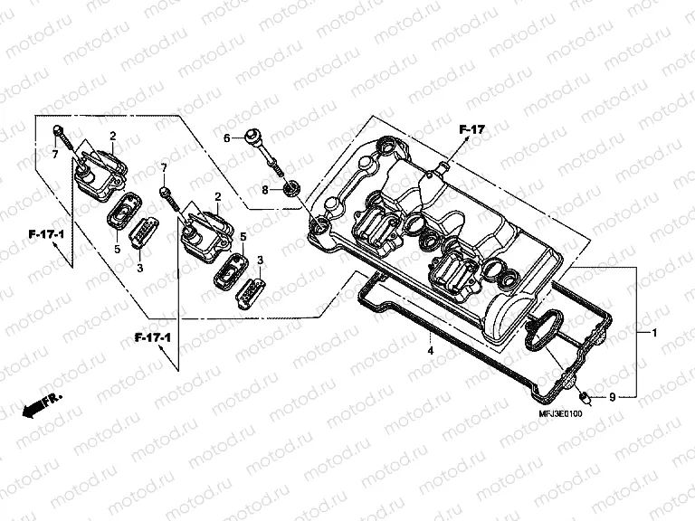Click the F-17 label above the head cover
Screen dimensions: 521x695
(x=471, y=130)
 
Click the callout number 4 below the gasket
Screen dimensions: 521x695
(x=431, y=349)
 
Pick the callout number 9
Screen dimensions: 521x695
(x=612, y=396)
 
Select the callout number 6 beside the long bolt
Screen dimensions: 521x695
(x=228, y=138)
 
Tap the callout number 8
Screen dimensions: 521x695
(x=265, y=190)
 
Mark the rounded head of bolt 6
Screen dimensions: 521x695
(x=247, y=137)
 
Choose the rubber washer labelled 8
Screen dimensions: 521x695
(x=291, y=189)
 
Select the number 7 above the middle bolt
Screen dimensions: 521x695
(x=164, y=168)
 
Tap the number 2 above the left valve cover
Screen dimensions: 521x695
(x=112, y=136)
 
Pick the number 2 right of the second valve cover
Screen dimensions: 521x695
(x=218, y=196)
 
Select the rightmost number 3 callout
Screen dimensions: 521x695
(x=260, y=260)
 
